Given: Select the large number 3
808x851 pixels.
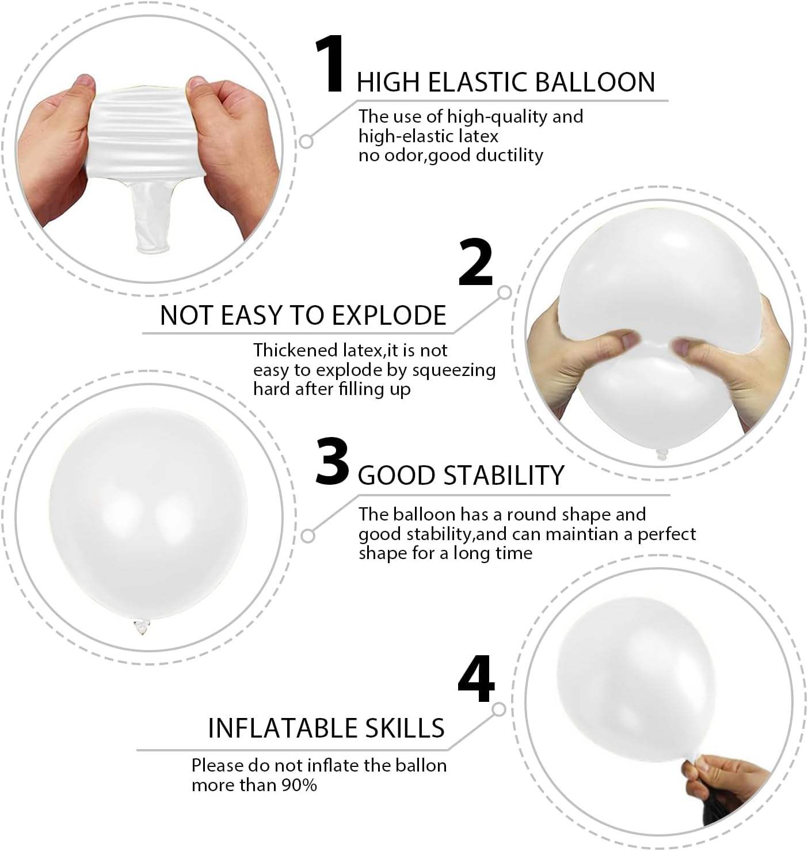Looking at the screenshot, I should pyautogui.click(x=332, y=462).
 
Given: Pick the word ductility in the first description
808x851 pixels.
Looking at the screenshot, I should pyautogui.click(x=509, y=155).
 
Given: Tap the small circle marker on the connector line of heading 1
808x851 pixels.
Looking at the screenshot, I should pyautogui.click(x=307, y=140).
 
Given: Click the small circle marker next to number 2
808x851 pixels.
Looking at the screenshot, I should pyautogui.click(x=505, y=292).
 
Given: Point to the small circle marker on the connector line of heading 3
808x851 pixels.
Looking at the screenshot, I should pyautogui.click(x=308, y=536).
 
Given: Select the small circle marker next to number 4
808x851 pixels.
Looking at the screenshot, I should pyautogui.click(x=499, y=709).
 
